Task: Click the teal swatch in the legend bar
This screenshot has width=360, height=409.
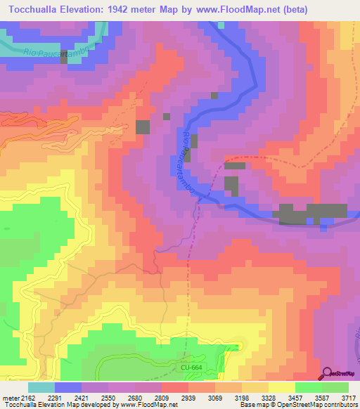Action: pos(41,387)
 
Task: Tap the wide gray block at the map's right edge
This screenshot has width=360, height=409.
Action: pos(314,213)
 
